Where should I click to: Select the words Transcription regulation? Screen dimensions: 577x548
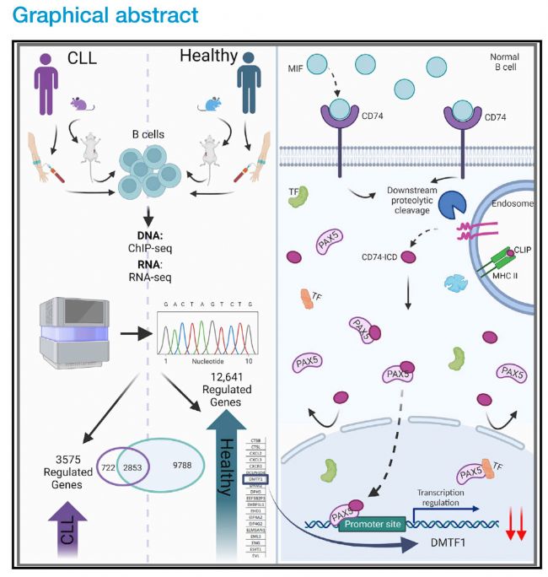pos(452,495)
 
